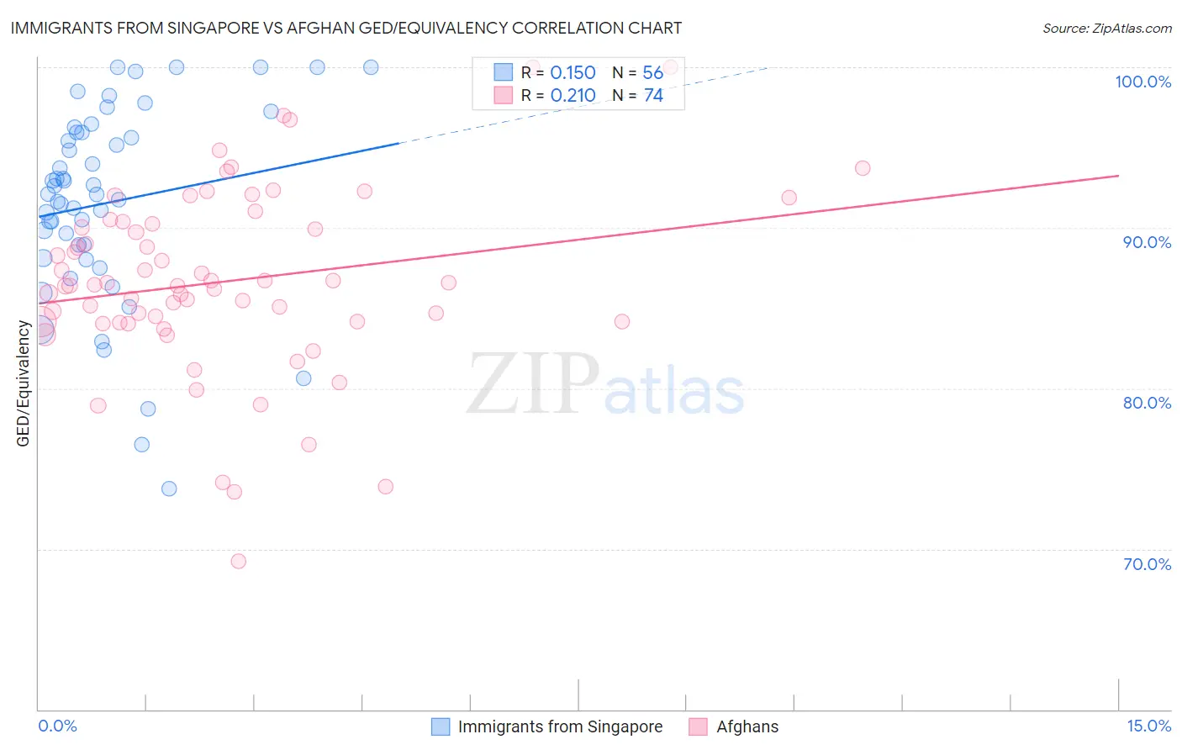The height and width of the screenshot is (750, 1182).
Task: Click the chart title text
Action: coord(346,28)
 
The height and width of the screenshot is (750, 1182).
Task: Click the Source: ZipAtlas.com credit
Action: coord(1106,29)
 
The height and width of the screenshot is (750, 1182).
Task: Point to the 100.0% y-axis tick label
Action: coord(1142,82)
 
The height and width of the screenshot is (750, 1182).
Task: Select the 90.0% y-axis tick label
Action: coord(1146,242)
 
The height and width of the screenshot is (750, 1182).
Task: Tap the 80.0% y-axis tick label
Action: coord(1146,403)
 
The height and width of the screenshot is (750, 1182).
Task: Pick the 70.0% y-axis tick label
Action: coord(1146,564)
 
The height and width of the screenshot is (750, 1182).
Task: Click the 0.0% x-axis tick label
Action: coord(57,726)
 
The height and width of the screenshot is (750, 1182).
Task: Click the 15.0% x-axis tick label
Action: coord(1148,726)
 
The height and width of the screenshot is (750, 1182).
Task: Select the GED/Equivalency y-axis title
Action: coord(24,383)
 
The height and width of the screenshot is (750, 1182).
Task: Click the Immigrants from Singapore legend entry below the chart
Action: coord(559,726)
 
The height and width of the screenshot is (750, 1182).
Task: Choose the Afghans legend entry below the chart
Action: coord(747,726)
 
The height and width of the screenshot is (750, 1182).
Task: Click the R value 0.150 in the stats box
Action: coord(573,73)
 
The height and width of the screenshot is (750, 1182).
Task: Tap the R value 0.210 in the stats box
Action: coord(573,96)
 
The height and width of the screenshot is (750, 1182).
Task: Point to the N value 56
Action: coord(652,73)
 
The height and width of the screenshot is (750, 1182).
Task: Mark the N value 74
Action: coord(653,96)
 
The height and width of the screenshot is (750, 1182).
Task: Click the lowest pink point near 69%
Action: coord(239,561)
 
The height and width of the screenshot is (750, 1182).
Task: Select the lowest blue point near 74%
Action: coord(169,489)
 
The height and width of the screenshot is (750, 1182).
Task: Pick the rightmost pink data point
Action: coord(863,168)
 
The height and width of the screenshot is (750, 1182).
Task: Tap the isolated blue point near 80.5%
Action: coord(303,378)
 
